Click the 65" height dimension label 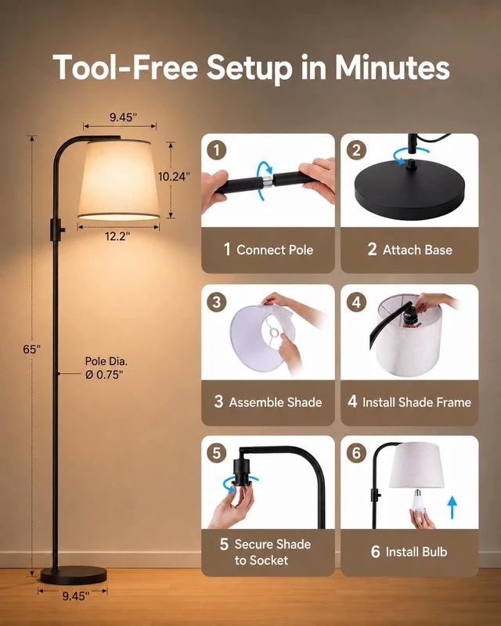31,349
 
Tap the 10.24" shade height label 174,177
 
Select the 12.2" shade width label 117,236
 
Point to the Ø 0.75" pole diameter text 104,375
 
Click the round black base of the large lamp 74,575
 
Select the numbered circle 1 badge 217,150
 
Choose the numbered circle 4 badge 356,302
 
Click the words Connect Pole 275,250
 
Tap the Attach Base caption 417,250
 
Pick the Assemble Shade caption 276,402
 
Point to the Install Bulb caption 416,552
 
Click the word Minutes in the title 392,67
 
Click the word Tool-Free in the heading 125,67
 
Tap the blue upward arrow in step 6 452,507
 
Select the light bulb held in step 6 418,501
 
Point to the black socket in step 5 241,472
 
